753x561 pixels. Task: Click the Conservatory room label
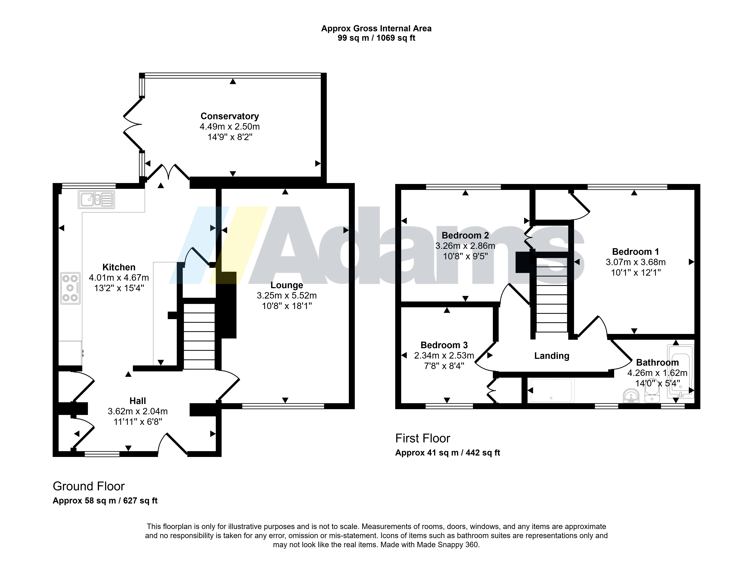click(x=230, y=116)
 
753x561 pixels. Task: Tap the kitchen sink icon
click(x=97, y=199)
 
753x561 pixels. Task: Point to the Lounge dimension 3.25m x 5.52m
click(x=287, y=295)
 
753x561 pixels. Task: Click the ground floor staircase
click(x=199, y=336)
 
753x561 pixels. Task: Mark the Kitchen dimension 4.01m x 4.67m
click(x=119, y=278)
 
